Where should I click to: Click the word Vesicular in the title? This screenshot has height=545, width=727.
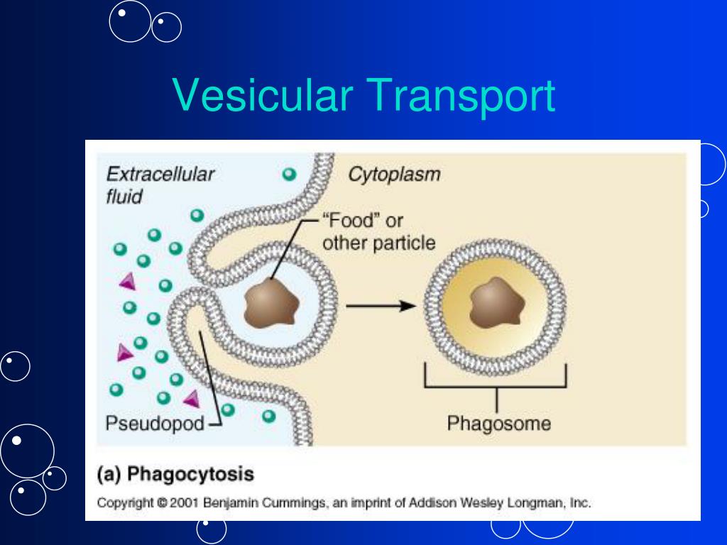(x=263, y=94)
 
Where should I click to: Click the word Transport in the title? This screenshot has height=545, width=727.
(x=461, y=97)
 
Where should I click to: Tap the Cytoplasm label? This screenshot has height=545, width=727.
(x=394, y=175)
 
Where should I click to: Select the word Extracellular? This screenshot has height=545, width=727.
(x=160, y=175)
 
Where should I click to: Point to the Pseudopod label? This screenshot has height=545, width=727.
(x=155, y=423)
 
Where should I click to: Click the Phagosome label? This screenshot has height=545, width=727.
(x=499, y=424)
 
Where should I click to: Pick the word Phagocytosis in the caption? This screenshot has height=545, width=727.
(x=190, y=474)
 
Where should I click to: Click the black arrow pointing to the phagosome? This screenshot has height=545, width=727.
(x=381, y=306)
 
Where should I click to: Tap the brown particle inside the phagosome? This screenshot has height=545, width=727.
(x=496, y=302)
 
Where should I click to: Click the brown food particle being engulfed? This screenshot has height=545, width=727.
(x=271, y=303)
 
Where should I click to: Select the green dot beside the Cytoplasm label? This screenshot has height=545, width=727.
(x=290, y=175)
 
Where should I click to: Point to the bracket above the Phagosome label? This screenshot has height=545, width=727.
(x=496, y=387)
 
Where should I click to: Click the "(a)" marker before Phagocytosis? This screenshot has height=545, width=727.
(x=109, y=475)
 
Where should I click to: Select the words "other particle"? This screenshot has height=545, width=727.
(x=379, y=243)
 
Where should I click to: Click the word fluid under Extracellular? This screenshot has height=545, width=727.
(x=124, y=197)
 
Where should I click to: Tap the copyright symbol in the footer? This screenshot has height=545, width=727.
(x=161, y=503)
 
